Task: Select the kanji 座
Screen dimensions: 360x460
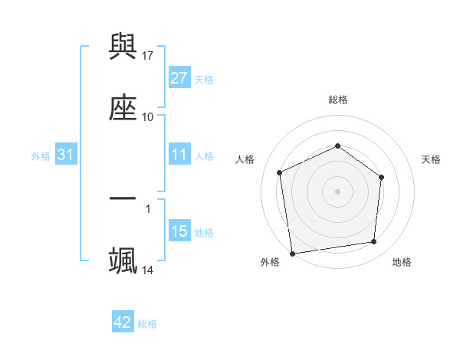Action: tap(123, 107)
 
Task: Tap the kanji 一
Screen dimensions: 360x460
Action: tap(123, 198)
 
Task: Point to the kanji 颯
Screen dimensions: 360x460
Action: tap(123, 259)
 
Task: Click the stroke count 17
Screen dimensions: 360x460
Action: tap(148, 55)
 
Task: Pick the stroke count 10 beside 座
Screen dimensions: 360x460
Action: tap(148, 116)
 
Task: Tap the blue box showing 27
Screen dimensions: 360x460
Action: tap(179, 78)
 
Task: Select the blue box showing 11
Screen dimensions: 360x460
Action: tap(179, 155)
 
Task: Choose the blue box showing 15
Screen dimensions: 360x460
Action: tap(179, 231)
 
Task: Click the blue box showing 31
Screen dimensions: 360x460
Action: tap(66, 155)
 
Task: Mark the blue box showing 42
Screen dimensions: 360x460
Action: tap(123, 322)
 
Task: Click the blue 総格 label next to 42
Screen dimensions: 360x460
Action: tap(147, 324)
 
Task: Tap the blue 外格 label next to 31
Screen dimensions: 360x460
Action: tap(41, 156)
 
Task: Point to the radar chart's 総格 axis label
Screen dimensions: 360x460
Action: tap(338, 100)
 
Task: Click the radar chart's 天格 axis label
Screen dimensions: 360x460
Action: tap(432, 159)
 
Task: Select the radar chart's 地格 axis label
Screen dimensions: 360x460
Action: tap(402, 262)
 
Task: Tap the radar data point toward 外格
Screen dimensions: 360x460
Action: tap(291, 253)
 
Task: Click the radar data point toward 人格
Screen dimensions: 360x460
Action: tap(280, 172)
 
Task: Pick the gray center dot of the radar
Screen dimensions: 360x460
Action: tap(337, 191)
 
